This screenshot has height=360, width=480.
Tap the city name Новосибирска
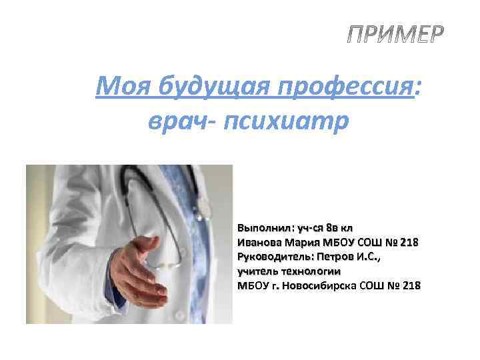(319, 286)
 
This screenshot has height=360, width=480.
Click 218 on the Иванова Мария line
(409, 242)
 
